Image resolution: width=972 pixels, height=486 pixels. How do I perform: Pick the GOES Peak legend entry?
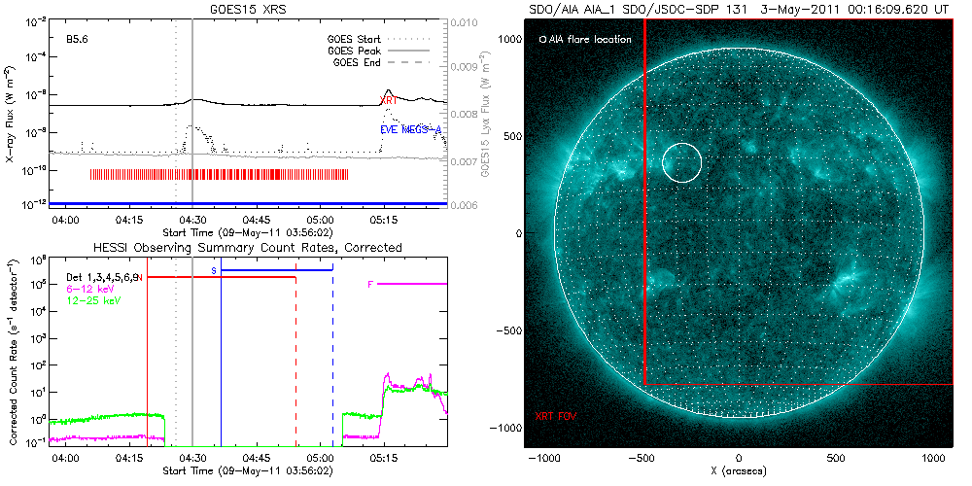[358, 51]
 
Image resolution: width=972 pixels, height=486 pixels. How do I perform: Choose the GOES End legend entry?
[361, 62]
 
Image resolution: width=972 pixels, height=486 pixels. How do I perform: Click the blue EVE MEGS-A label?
[410, 128]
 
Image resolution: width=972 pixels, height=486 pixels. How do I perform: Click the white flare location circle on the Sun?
[681, 162]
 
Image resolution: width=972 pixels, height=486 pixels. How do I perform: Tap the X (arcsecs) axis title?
[739, 471]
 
